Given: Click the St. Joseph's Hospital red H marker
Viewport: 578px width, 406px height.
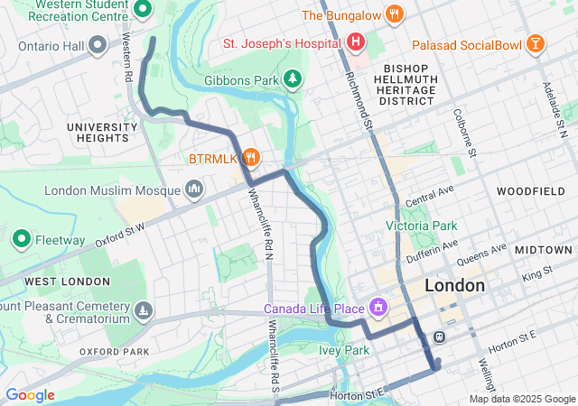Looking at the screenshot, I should point(356,42).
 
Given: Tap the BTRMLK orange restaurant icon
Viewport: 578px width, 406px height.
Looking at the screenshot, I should point(251,158).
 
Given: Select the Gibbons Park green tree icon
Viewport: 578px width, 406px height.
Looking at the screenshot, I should point(293,79).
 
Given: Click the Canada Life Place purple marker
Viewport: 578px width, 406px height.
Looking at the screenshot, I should point(378,309).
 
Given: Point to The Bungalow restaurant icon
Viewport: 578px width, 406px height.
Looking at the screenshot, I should point(393,14).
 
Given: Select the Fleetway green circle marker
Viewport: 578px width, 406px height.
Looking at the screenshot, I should point(22,240).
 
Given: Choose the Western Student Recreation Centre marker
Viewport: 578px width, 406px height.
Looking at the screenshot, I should point(142,9).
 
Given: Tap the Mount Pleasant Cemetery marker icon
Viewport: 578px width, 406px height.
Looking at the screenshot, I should point(143,312).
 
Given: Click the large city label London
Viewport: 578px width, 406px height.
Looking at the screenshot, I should point(453,285).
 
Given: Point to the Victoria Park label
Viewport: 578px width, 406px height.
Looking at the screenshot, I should point(421,226).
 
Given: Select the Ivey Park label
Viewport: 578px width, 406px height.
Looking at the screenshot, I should point(344,350).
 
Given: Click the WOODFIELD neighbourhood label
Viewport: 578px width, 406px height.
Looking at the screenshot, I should point(529,191).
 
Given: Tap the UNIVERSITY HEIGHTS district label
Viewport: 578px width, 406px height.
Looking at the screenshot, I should point(98,133).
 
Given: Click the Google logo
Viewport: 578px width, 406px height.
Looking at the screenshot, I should point(30,395).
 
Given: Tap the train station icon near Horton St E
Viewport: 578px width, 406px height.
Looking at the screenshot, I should point(440,337).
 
